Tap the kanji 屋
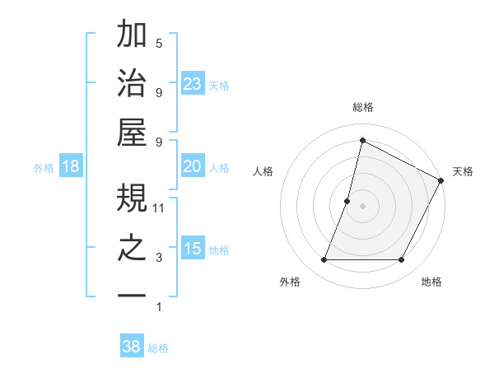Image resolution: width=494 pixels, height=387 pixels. pos(133,132)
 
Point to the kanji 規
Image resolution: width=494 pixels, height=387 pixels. pos(133,198)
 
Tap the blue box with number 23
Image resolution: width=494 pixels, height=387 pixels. pos(193,82)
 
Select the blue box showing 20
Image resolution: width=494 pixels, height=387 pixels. pos(193,166)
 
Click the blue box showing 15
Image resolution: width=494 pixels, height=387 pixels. pos(193,249)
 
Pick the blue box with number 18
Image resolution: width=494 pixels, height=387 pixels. pos(71,166)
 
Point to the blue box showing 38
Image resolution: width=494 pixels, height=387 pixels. pos(132,347)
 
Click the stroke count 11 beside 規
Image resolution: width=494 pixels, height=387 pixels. pos(160,208)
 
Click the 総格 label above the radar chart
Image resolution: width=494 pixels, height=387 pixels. pos(362,108)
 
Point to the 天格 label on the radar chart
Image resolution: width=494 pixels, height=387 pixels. pos(463,171)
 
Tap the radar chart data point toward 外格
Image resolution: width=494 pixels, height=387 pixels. pos(324,260)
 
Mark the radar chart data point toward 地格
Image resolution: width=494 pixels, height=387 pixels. pos(402,260)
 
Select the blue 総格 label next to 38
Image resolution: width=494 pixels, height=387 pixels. pos(158,348)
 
